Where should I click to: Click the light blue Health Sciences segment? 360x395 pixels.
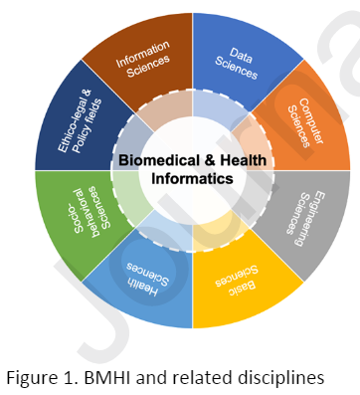click(144, 289)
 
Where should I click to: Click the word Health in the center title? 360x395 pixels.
click(244, 159)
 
